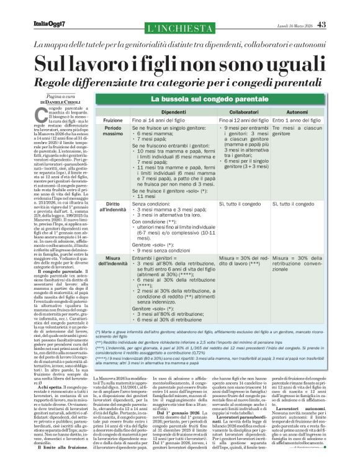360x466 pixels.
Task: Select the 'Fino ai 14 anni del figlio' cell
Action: tap(159, 119)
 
